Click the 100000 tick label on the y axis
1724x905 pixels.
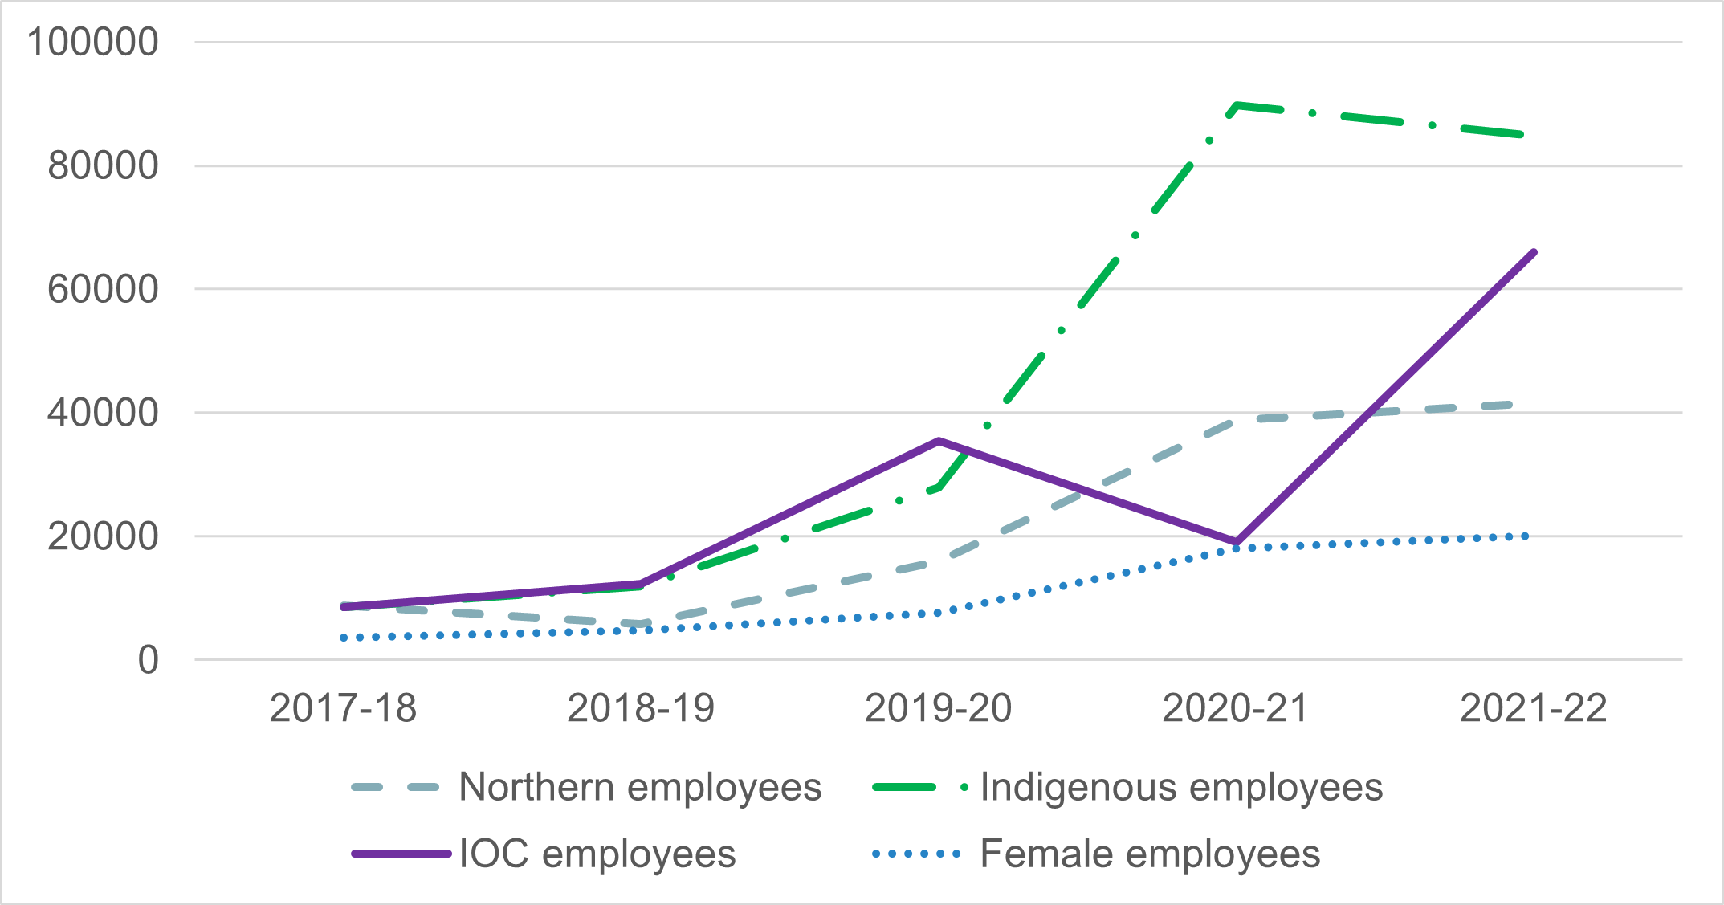pyautogui.click(x=92, y=42)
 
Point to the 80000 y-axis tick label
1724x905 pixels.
pyautogui.click(x=103, y=166)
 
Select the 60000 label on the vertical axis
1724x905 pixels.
pyautogui.click(x=103, y=289)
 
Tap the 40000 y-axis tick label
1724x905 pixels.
pyautogui.click(x=103, y=413)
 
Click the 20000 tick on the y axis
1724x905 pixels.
pyautogui.click(x=103, y=536)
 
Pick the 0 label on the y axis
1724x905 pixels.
pyautogui.click(x=149, y=660)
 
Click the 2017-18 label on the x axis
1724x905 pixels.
pyautogui.click(x=343, y=708)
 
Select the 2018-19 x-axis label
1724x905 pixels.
pyautogui.click(x=641, y=708)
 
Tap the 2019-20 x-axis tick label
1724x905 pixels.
pyautogui.click(x=938, y=708)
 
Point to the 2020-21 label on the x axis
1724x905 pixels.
pyautogui.click(x=1236, y=708)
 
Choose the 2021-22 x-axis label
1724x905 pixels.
pyautogui.click(x=1533, y=708)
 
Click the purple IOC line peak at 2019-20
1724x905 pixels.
pyautogui.click(x=938, y=441)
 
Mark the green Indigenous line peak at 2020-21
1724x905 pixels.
pyautogui.click(x=1237, y=105)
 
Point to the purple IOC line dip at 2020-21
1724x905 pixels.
pyautogui.click(x=1237, y=542)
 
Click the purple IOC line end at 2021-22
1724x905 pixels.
pyautogui.click(x=1534, y=252)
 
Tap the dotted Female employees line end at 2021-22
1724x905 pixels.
pyautogui.click(x=1525, y=536)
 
